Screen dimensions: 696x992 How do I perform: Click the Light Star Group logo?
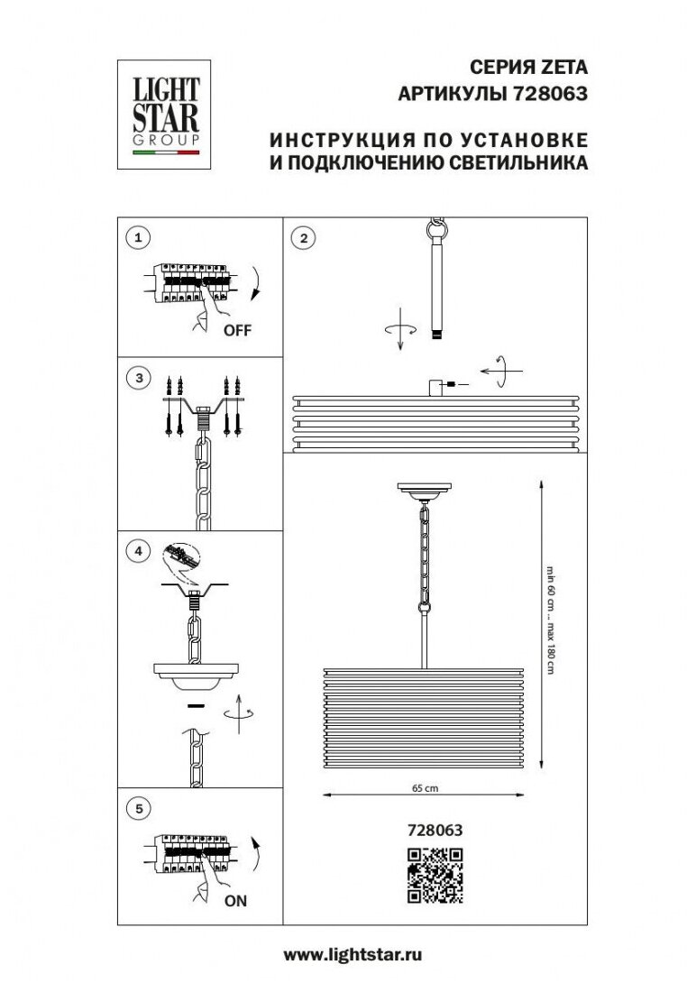pos(164,115)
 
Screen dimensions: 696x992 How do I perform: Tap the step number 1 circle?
pos(139,238)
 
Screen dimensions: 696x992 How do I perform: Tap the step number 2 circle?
pos(304,238)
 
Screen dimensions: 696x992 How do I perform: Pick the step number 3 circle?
pos(139,379)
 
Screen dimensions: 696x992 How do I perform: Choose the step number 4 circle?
pos(139,550)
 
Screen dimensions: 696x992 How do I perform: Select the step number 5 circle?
pos(139,808)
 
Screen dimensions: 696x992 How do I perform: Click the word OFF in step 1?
pos(237,330)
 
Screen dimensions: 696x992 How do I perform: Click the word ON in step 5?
pos(235,900)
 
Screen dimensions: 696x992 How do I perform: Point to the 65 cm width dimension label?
pos(426,788)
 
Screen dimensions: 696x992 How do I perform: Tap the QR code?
pos(435,875)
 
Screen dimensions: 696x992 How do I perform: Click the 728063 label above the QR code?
pos(435,830)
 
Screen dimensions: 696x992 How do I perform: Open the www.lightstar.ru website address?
pos(353,955)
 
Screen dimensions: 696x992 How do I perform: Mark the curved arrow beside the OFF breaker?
pos(255,283)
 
